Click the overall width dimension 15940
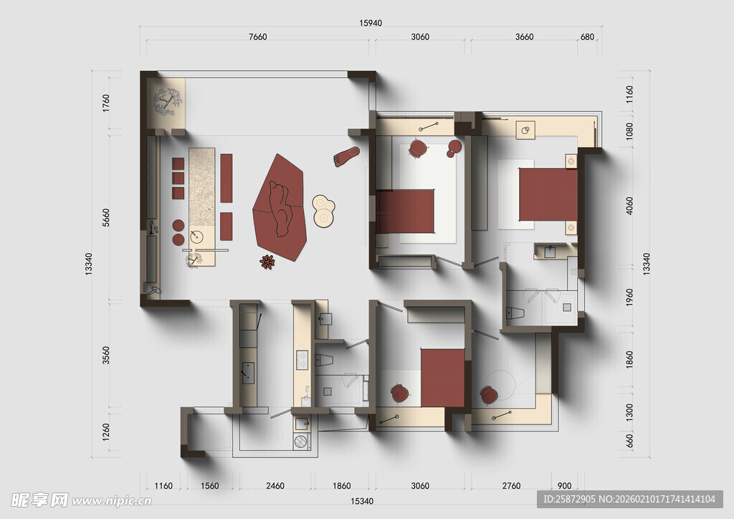coord(371,23)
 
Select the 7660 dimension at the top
coord(257,37)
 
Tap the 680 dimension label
coord(587,37)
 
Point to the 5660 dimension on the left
coord(106,218)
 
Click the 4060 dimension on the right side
coord(629,206)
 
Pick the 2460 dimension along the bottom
coord(275,486)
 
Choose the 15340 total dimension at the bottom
coord(362,501)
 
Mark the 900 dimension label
coord(565,486)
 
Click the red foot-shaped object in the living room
coord(346,156)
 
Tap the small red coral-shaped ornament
coord(267,262)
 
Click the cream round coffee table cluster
coord(323,211)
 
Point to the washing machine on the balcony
coord(302,442)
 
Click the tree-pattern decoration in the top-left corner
coord(167,102)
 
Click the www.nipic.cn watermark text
coord(111,501)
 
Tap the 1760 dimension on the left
coord(106,103)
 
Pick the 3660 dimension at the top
coord(524,37)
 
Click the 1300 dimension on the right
coord(629,411)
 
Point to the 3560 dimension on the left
coord(106,356)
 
